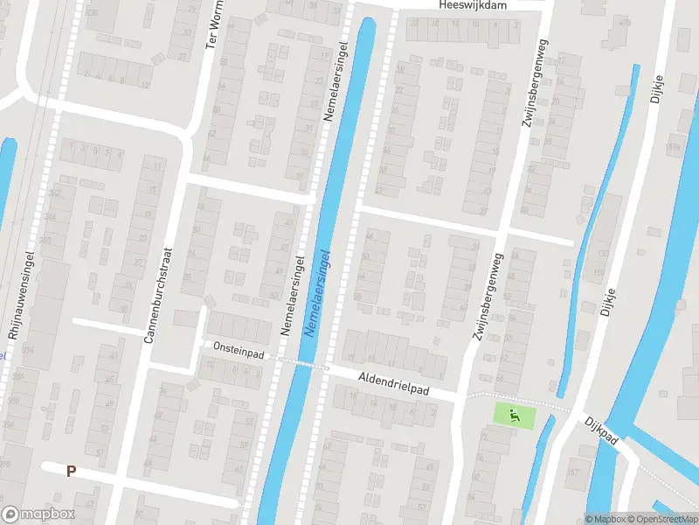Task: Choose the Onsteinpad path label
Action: tap(239, 347)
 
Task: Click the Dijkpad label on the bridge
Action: tap(602, 430)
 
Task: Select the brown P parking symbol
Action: tap(72, 471)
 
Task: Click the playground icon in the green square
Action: tap(513, 415)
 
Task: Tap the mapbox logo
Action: tap(38, 514)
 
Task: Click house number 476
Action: tap(624, 22)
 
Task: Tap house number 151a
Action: tap(673, 147)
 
